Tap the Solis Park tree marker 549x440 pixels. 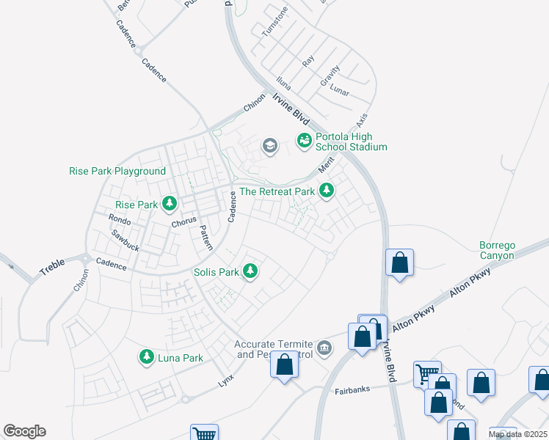click(251, 271)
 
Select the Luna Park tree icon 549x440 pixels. click(147, 357)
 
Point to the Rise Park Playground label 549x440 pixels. click(117, 171)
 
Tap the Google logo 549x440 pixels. click(24, 431)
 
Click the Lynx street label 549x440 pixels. click(226, 382)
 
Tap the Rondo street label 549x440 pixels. click(119, 220)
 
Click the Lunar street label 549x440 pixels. click(339, 92)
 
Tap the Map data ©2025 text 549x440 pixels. click(517, 434)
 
